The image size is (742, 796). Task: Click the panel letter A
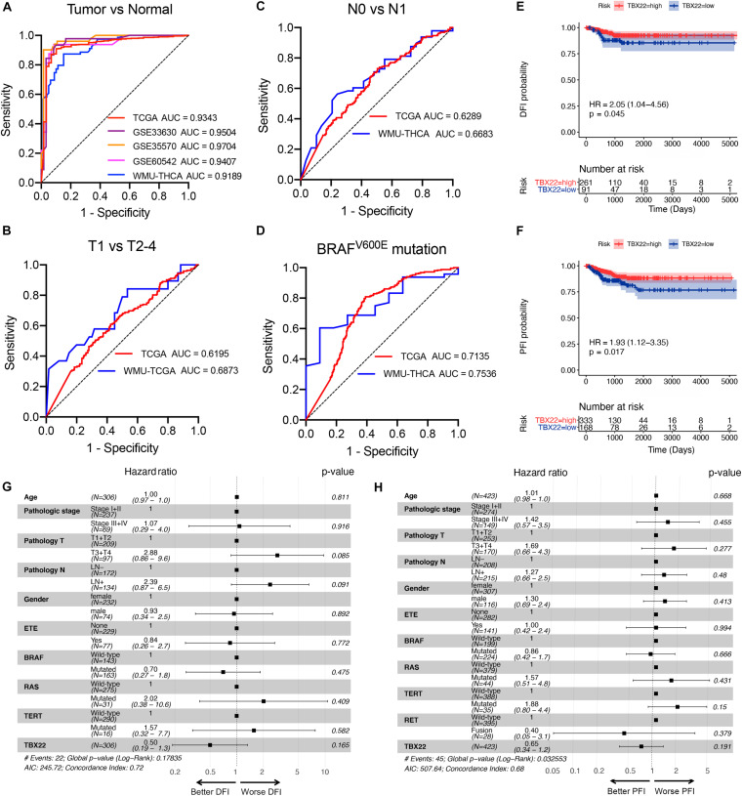(x=10, y=9)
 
